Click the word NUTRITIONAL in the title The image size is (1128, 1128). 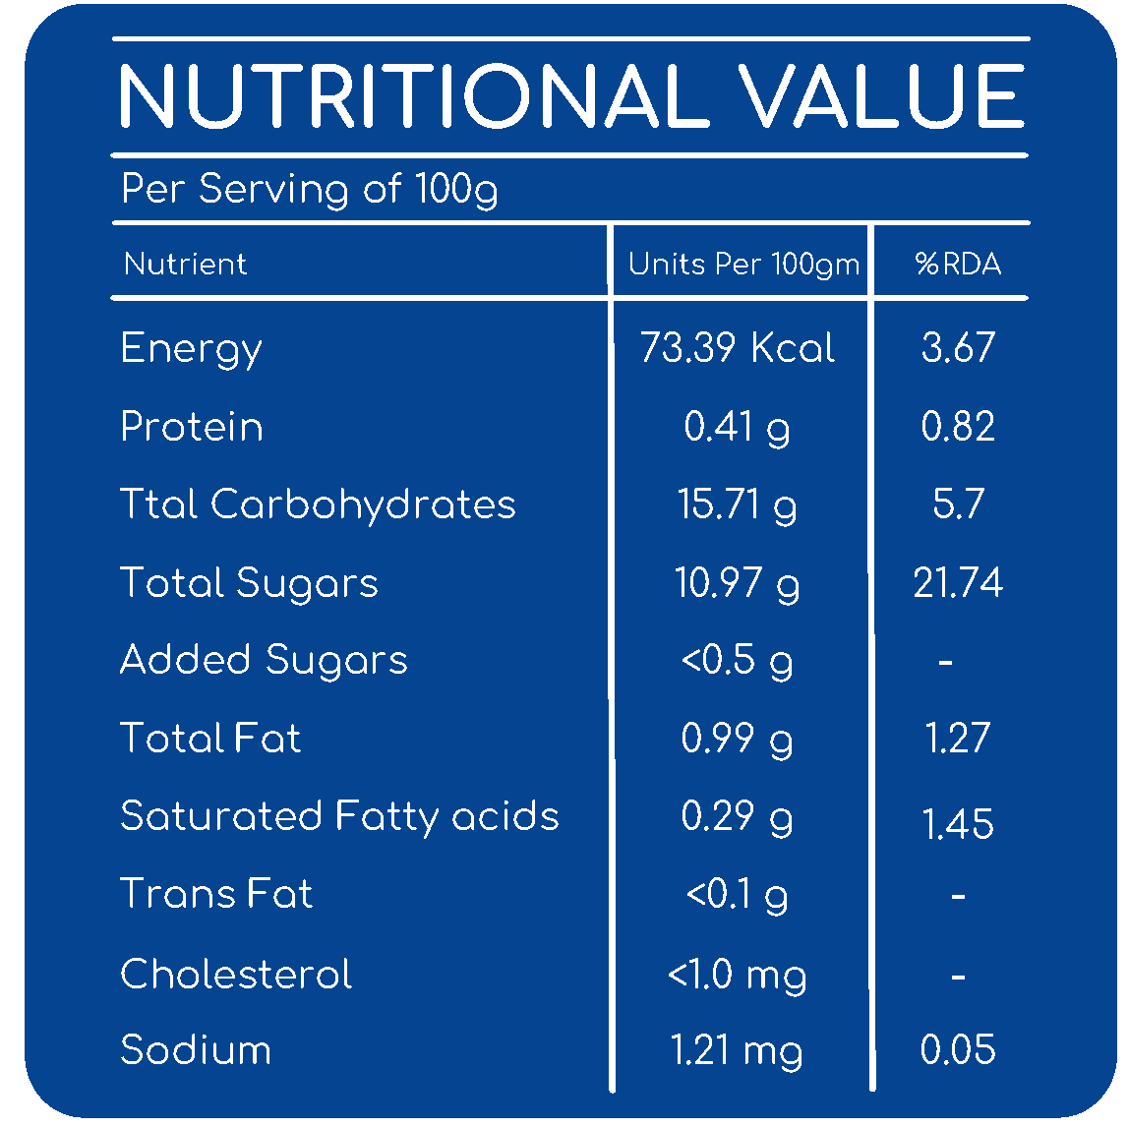pyautogui.click(x=414, y=95)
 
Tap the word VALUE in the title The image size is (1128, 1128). pyautogui.click(x=881, y=95)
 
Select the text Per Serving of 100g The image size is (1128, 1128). pyautogui.click(x=310, y=190)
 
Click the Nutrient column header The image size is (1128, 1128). pyautogui.click(x=186, y=264)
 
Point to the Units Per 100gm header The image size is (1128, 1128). pyautogui.click(x=743, y=265)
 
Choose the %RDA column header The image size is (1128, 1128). pyautogui.click(x=958, y=264)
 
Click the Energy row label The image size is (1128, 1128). pyautogui.click(x=192, y=350)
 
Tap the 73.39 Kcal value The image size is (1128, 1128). pyautogui.click(x=738, y=347)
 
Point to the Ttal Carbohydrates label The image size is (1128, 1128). pyautogui.click(x=318, y=504)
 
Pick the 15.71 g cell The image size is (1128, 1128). pyautogui.click(x=738, y=505)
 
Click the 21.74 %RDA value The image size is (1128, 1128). pyautogui.click(x=958, y=582)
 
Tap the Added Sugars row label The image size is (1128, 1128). pyautogui.click(x=264, y=661)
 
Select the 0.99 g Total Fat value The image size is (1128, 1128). pyautogui.click(x=738, y=740)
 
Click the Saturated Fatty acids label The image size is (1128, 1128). pyautogui.click(x=339, y=816)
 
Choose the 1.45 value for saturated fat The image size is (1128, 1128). pyautogui.click(x=958, y=824)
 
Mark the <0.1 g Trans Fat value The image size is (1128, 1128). pyautogui.click(x=738, y=896)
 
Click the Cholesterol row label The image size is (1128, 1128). pyautogui.click(x=236, y=974)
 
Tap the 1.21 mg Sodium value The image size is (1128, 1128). pyautogui.click(x=737, y=1051)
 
